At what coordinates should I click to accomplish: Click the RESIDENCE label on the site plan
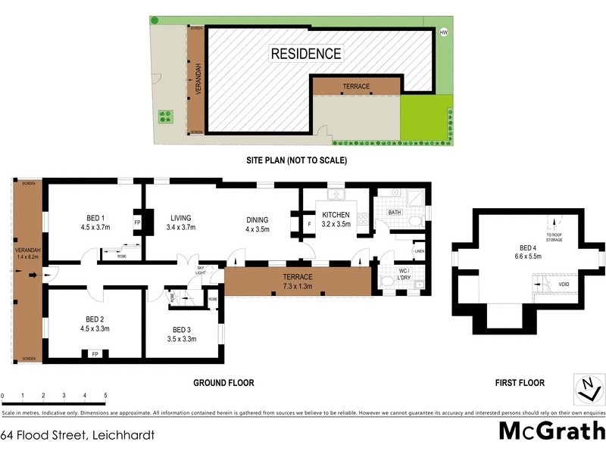[x=306, y=54]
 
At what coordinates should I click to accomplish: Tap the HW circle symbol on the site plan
[x=444, y=32]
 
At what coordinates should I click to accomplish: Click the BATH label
[x=394, y=213]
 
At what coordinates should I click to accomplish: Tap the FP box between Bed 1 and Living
[x=137, y=223]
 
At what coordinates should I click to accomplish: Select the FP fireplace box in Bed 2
[x=95, y=353]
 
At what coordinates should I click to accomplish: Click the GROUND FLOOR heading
[x=223, y=383]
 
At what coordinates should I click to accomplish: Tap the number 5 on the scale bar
[x=105, y=396]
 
